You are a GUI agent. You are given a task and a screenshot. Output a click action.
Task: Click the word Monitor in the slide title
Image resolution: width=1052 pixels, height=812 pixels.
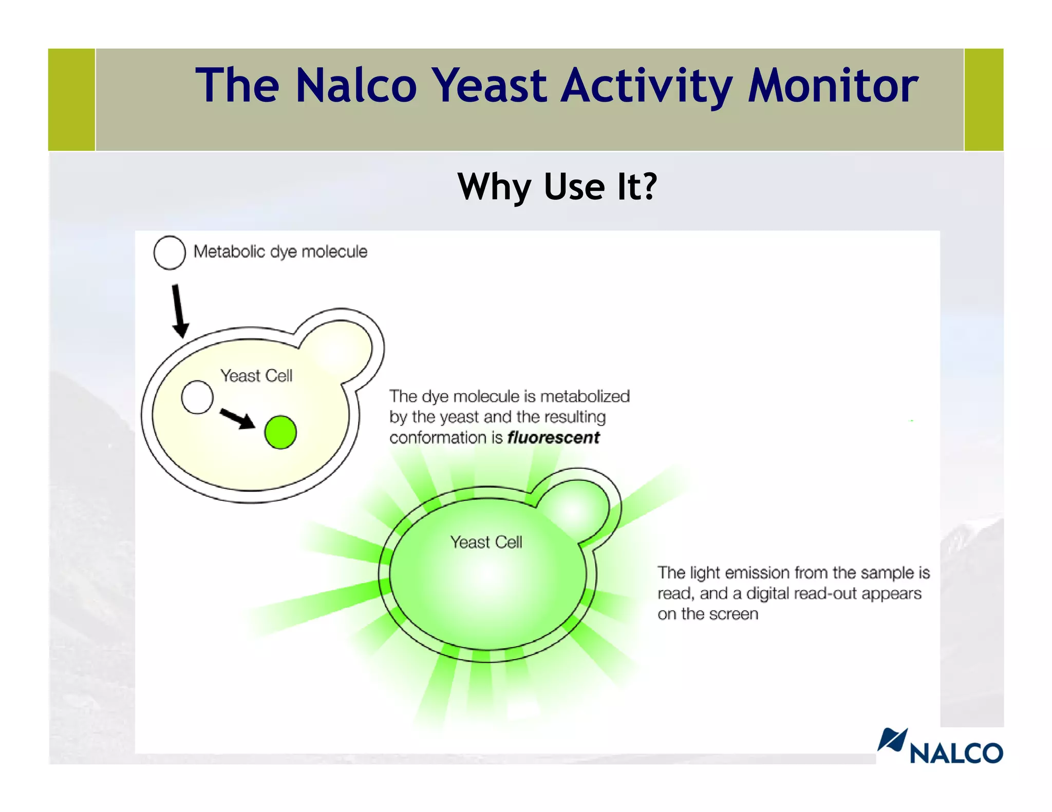pos(833,86)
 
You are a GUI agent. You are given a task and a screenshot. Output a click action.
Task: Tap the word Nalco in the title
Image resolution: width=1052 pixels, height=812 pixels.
pos(356,86)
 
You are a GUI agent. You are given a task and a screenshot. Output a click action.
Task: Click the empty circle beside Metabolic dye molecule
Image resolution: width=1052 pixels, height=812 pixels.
pos(170,253)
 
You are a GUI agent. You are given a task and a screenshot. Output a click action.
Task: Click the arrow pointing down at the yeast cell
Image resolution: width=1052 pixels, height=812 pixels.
pos(178,311)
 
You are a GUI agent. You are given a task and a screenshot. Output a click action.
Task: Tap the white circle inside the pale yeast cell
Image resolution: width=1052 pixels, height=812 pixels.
pos(197,397)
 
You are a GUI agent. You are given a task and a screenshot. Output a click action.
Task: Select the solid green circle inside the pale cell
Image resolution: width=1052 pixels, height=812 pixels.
pos(280,432)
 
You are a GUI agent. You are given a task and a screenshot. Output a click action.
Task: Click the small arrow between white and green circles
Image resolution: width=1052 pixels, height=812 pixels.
pos(237,418)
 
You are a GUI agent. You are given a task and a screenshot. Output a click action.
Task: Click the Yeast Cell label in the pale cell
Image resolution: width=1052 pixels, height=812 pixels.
pos(256,376)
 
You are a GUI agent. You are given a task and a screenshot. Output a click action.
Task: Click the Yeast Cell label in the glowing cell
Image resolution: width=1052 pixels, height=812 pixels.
pos(486,542)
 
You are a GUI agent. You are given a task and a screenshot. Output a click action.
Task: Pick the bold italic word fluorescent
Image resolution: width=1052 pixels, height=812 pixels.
pos(553,438)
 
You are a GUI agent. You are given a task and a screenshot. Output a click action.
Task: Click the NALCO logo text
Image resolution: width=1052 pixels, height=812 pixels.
pos(956,753)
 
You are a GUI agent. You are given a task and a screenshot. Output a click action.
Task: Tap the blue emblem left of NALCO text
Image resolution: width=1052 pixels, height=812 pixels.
pos(892,740)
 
